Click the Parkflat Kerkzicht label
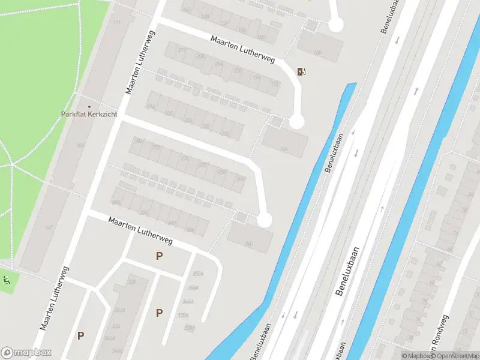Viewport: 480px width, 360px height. [89, 114]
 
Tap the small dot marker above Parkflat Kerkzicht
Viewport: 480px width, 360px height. [74, 93]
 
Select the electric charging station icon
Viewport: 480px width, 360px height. [301, 72]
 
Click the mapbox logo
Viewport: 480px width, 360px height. [26, 353]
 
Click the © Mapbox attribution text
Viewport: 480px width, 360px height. [416, 356]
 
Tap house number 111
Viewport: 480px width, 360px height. [116, 22]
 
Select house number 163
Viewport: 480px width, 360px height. [80, 146]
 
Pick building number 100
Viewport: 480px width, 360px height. [317, 53]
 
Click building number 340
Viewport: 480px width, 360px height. [248, 244]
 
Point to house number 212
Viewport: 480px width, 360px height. [181, 50]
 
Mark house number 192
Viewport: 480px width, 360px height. [275, 84]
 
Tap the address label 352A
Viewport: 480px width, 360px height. [197, 274]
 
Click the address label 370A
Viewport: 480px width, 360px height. [183, 315]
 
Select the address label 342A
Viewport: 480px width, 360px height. [119, 310]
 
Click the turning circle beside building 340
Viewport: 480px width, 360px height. [264, 220]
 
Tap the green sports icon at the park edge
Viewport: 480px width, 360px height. [7, 278]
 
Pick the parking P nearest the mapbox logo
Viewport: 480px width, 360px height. [80, 336]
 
